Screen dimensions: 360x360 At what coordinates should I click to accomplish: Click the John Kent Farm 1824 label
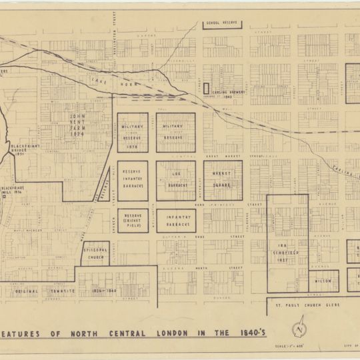point(79,124)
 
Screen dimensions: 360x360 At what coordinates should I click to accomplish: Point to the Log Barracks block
point(176,179)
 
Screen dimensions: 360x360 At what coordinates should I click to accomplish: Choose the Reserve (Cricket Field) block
point(133,221)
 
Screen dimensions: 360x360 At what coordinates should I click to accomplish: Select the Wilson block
point(323,280)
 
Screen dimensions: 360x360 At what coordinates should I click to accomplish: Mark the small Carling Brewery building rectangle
point(206,87)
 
